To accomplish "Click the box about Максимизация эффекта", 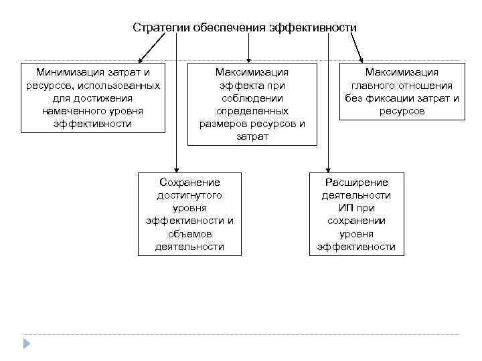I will click(252, 104).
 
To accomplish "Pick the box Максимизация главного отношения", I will click(401, 92).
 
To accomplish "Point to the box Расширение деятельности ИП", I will click(355, 214).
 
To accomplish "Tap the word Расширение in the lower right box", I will click(355, 182).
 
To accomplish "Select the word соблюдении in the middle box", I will click(252, 98).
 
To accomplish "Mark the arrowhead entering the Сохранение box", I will click(175, 168).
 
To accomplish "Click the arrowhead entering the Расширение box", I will click(328, 168).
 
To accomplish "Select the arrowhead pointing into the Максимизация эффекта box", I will click(248, 59).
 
